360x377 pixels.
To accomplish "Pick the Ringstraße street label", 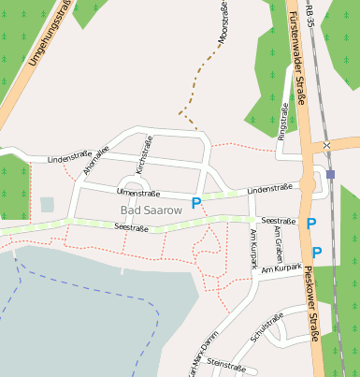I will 284,123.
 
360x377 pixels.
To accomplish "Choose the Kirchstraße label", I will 143,152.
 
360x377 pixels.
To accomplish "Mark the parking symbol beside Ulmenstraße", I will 196,203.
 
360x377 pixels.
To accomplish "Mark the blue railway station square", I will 331,174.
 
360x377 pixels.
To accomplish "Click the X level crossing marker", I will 326,146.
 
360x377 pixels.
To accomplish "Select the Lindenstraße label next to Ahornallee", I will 66,158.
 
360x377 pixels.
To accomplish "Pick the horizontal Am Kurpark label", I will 282,268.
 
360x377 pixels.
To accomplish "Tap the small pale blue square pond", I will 48,204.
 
